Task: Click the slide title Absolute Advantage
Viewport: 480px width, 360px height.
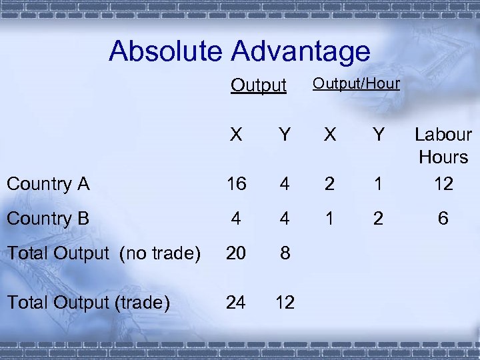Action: click(239, 51)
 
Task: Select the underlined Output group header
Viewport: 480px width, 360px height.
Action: click(258, 86)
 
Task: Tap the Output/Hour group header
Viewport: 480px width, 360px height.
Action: click(356, 83)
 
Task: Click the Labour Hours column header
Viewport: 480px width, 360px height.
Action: click(443, 146)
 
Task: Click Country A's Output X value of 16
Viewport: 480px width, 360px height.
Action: click(236, 184)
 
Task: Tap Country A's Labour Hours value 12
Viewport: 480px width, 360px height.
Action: click(443, 184)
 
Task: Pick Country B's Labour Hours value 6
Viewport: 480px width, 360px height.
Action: click(443, 219)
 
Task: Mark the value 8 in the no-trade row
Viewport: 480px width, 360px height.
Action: click(285, 253)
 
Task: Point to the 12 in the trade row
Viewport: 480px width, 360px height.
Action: click(285, 303)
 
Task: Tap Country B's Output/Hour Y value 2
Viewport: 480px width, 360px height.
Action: click(379, 219)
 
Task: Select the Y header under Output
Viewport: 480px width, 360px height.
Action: click(285, 135)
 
